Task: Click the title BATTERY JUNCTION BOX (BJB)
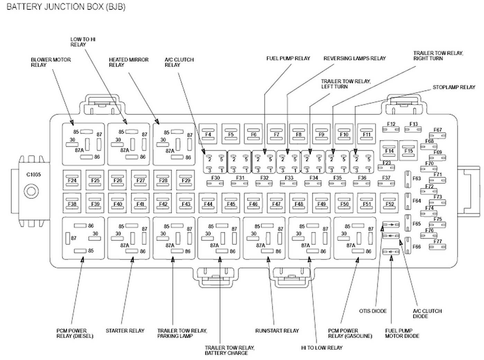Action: click(66, 7)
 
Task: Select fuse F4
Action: click(208, 134)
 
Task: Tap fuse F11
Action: click(367, 134)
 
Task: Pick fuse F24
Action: click(72, 180)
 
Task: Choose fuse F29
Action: click(185, 180)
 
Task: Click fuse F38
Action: click(72, 203)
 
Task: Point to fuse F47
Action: click(276, 203)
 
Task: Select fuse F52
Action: click(389, 203)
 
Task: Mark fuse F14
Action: click(389, 150)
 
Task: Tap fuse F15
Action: click(408, 150)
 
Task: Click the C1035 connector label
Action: click(34, 175)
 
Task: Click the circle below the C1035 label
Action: click(31, 191)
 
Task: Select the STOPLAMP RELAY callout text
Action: click(454, 87)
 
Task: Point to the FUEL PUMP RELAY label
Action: click(288, 58)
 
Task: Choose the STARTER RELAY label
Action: click(125, 331)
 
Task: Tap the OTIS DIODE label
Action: click(373, 311)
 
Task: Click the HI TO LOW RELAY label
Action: click(322, 348)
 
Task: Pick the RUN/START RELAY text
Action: click(277, 331)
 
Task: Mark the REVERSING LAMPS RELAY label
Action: click(355, 58)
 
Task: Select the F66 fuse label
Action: click(417, 247)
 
